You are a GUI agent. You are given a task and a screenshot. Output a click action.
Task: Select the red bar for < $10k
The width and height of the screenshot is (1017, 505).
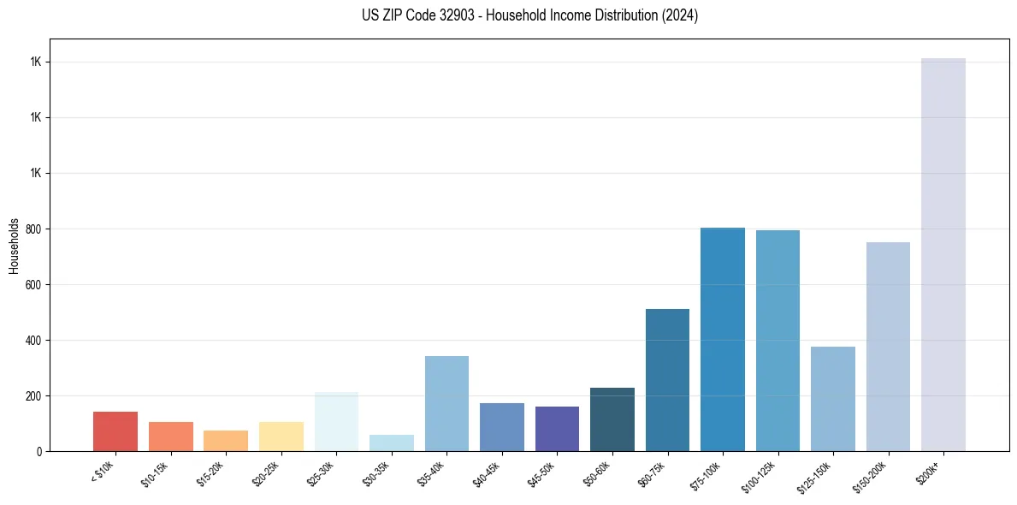pyautogui.click(x=115, y=431)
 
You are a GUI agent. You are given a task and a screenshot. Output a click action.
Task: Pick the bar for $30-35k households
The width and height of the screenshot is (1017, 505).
pyautogui.click(x=392, y=443)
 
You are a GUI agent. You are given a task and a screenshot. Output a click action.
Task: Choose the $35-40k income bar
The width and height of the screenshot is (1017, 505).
pyautogui.click(x=446, y=403)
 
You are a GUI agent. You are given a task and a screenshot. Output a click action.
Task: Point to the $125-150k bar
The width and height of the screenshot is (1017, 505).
pyautogui.click(x=833, y=399)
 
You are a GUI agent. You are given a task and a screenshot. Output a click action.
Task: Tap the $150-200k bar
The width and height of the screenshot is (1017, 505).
pyautogui.click(x=888, y=347)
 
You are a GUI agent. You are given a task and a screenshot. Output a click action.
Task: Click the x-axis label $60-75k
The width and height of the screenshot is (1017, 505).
pyautogui.click(x=653, y=472)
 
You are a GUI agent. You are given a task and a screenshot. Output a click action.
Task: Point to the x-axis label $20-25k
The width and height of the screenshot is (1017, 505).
pyautogui.click(x=267, y=472)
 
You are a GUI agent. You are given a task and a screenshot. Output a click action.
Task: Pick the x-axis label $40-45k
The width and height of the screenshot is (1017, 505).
pyautogui.click(x=488, y=472)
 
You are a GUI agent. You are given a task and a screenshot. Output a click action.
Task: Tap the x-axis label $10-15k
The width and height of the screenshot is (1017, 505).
pyautogui.click(x=157, y=472)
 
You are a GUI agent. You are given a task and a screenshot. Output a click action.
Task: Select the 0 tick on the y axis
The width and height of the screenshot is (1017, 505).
pyautogui.click(x=39, y=452)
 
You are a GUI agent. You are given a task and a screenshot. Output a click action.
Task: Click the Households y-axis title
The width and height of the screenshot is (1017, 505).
pyautogui.click(x=14, y=246)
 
